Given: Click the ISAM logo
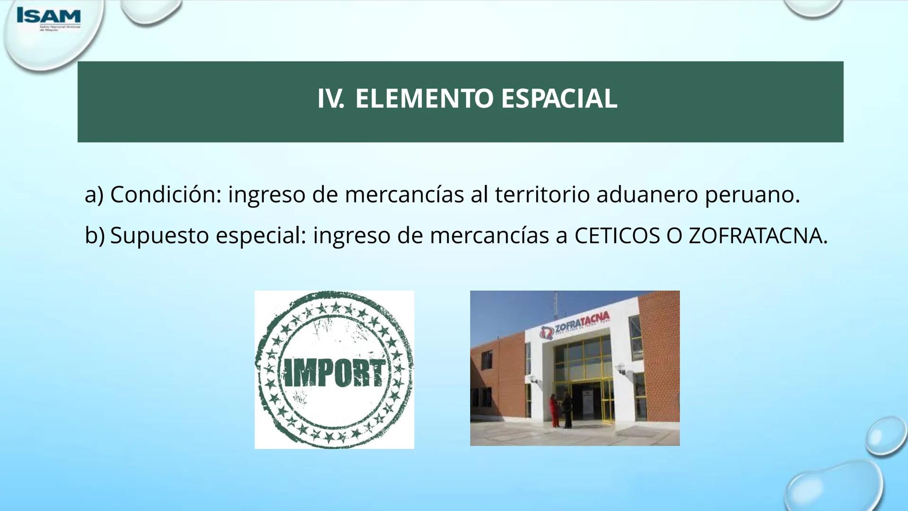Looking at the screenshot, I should pyautogui.click(x=48, y=18).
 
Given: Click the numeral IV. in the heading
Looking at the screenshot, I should pyautogui.click(x=330, y=99).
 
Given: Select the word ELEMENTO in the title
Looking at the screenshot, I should pyautogui.click(x=424, y=99).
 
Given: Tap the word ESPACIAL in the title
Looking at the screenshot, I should pyautogui.click(x=559, y=99).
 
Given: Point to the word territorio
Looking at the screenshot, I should pyautogui.click(x=542, y=194).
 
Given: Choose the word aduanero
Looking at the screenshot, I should pyautogui.click(x=647, y=194).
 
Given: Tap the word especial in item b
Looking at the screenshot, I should pyautogui.click(x=261, y=236).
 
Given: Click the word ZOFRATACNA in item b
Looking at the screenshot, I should pyautogui.click(x=758, y=236).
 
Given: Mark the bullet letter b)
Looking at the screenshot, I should pyautogui.click(x=94, y=236).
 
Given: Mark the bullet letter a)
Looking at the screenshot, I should pyautogui.click(x=94, y=194).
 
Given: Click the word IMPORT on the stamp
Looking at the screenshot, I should pyautogui.click(x=334, y=373).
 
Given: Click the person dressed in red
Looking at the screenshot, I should pyautogui.click(x=554, y=410).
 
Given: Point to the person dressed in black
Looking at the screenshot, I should pyautogui.click(x=567, y=410).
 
